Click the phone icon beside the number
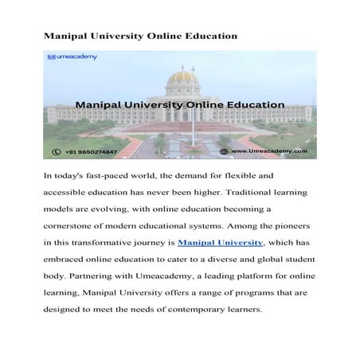click(56, 151)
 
